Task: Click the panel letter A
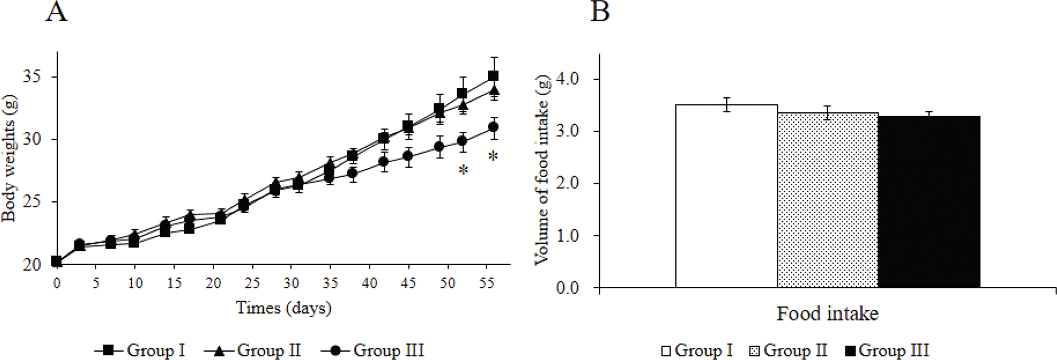[56, 11]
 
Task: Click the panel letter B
[600, 11]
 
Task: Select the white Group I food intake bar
[726, 196]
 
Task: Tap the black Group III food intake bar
[928, 202]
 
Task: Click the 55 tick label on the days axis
[487, 283]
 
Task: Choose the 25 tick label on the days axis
[252, 283]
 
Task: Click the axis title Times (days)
[283, 307]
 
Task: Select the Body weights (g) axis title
[10, 158]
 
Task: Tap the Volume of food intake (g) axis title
[542, 170]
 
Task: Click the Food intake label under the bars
[827, 314]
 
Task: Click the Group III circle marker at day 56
[493, 127]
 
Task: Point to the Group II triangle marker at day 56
[494, 90]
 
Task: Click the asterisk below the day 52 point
[463, 170]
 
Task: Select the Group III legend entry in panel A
[373, 350]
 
